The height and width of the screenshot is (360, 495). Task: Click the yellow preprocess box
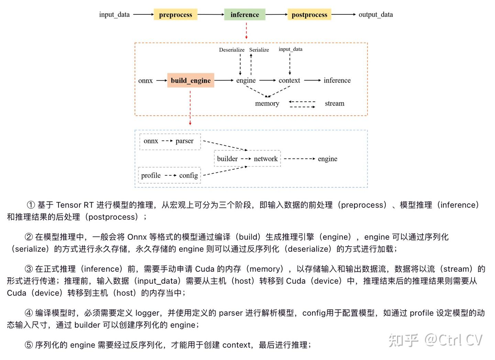coord(175,15)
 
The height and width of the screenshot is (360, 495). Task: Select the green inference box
coord(245,15)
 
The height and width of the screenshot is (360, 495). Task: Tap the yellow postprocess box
coord(309,15)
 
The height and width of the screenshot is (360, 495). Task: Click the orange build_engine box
coord(190,80)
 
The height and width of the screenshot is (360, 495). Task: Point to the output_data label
coord(375,15)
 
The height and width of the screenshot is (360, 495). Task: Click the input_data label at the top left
coord(114,15)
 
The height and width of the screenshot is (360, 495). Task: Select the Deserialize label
coord(232,50)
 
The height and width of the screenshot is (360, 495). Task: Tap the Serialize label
coord(259,50)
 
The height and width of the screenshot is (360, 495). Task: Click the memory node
coord(267,103)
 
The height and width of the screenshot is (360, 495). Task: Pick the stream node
coord(334,103)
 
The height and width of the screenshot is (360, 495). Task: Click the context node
coord(289,80)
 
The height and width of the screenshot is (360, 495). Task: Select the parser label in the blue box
coord(185,141)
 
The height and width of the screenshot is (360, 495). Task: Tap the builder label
coord(227,159)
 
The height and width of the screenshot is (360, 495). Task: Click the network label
coord(266,159)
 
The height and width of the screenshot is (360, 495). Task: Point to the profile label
coord(151,175)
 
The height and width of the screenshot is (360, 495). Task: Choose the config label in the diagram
coord(188,175)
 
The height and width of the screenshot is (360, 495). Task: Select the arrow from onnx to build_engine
coord(162,80)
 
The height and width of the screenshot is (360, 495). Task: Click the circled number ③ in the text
coord(29,269)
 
